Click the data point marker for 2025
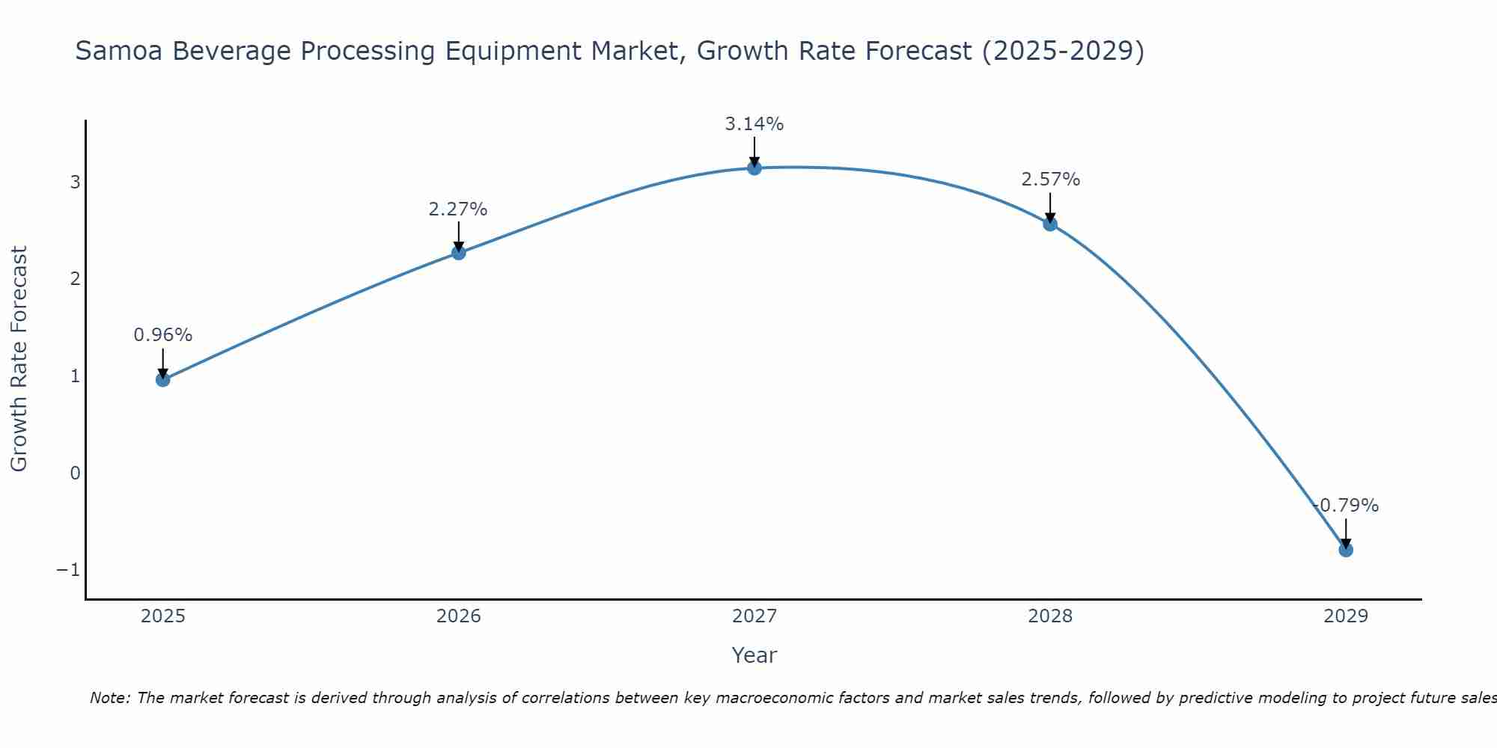tap(162, 379)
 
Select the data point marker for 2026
tap(458, 253)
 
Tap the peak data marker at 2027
tap(754, 168)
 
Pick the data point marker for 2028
tap(1049, 224)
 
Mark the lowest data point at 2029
tap(1345, 550)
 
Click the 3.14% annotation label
tap(754, 124)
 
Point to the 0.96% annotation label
tap(162, 335)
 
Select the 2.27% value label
tap(458, 209)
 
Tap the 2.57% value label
tap(1050, 180)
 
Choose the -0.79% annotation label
tap(1345, 506)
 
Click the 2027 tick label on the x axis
tap(754, 616)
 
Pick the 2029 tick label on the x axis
tap(1345, 616)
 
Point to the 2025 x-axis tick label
tap(162, 616)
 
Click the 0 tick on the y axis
tap(75, 473)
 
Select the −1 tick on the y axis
tap(68, 570)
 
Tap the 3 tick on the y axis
tap(75, 183)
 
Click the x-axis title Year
tap(754, 655)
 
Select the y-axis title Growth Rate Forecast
tap(19, 359)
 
